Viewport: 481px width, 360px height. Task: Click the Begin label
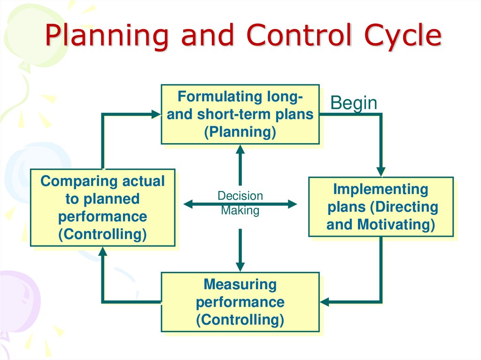(x=354, y=103)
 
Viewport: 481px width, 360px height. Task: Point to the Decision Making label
(x=240, y=203)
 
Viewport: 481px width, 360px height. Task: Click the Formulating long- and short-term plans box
(x=240, y=114)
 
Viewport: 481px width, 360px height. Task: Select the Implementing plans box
(x=380, y=207)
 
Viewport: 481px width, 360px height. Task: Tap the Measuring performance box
(x=240, y=302)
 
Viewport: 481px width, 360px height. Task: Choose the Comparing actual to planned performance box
(x=102, y=207)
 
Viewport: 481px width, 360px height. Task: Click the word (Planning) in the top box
(x=240, y=132)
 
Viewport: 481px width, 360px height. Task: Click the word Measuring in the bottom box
(x=240, y=284)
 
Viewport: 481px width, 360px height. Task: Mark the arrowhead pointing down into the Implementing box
(x=381, y=171)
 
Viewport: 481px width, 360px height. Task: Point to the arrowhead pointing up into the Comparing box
(x=102, y=252)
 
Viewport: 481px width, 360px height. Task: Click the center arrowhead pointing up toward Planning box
(x=240, y=149)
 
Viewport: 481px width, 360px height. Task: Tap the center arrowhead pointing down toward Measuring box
(x=240, y=267)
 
